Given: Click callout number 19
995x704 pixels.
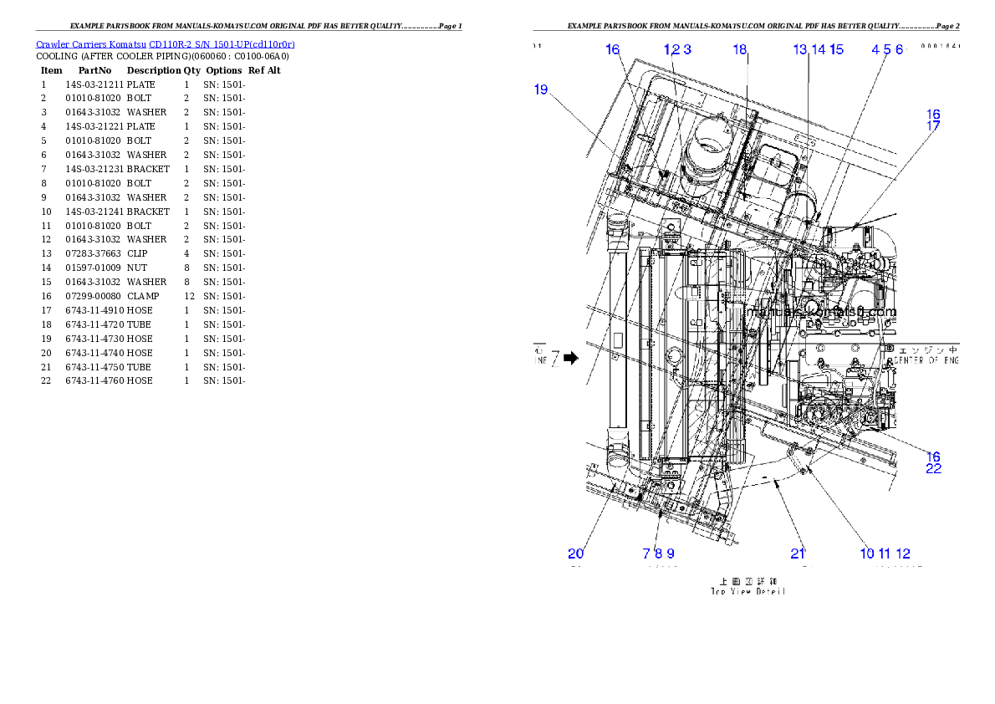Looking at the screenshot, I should (541, 89).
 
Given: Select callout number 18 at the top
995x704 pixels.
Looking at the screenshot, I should (740, 49).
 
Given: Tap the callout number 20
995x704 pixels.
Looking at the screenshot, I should (576, 553).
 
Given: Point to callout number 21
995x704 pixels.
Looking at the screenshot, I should (798, 553).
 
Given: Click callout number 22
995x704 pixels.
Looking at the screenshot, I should (933, 469).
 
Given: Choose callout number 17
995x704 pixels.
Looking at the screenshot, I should (933, 126).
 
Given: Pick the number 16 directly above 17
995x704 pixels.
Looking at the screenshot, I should (933, 115).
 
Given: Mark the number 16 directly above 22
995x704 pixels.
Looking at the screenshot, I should (933, 457).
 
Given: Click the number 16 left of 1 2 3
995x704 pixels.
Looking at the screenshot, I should (613, 49).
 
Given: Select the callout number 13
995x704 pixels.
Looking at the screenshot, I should (800, 49).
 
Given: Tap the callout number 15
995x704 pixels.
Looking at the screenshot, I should (836, 49).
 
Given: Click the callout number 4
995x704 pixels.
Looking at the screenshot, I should (875, 49).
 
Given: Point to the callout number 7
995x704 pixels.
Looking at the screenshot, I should (646, 553).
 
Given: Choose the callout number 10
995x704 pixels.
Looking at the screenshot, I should (866, 553).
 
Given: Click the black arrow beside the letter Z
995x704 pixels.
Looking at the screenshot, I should (571, 358).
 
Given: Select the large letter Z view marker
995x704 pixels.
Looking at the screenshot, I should (555, 358).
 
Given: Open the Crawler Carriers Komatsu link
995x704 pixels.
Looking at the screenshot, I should (165, 43).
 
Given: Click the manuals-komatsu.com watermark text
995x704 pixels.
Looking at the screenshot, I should (824, 313).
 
